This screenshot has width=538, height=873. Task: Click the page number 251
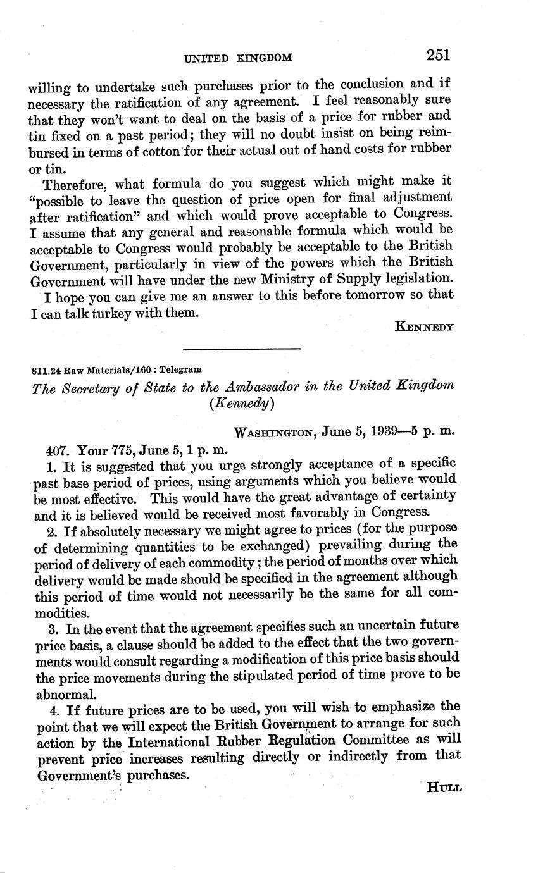click(x=437, y=55)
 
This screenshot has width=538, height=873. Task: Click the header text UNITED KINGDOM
click(x=237, y=58)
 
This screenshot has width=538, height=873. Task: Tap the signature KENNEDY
click(x=423, y=326)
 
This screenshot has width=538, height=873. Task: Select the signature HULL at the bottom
click(x=444, y=788)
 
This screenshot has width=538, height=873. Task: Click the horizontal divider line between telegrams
click(x=241, y=349)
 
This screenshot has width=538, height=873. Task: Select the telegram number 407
click(x=58, y=450)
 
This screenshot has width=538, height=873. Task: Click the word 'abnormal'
click(x=61, y=691)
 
